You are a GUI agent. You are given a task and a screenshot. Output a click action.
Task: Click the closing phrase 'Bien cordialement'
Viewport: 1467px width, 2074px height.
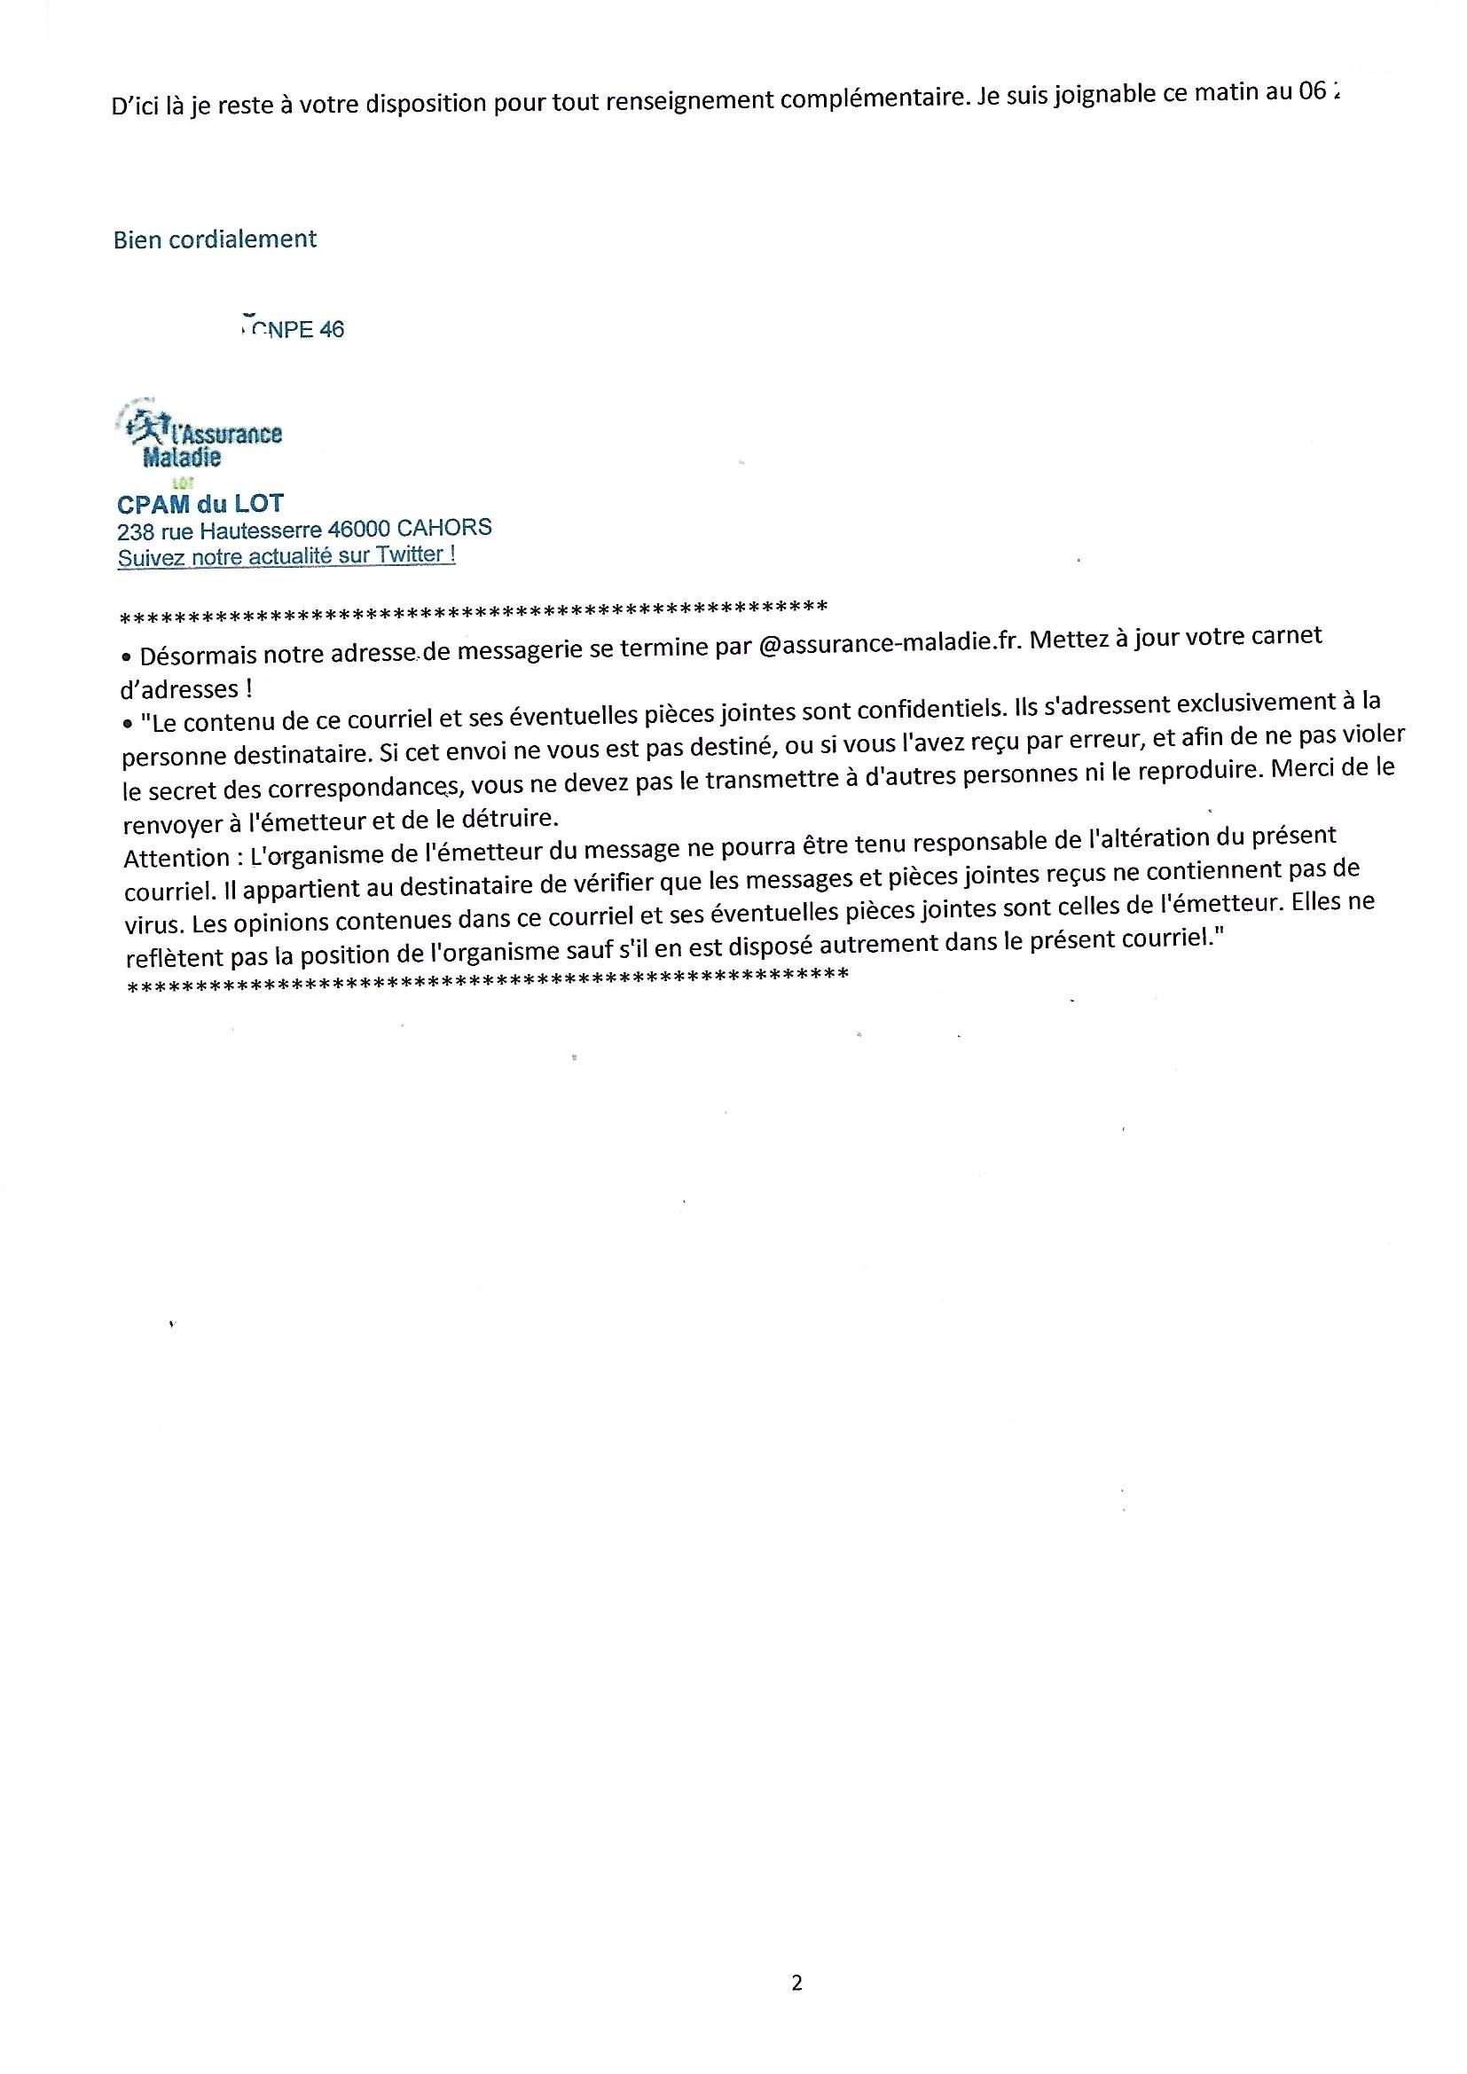click(x=215, y=240)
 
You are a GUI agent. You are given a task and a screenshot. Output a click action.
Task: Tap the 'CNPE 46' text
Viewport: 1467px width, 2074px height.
click(x=297, y=330)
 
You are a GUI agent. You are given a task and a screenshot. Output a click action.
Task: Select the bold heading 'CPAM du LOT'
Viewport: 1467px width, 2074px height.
click(x=200, y=503)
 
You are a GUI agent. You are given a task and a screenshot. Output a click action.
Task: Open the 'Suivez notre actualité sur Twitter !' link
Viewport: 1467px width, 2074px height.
click(x=286, y=555)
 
